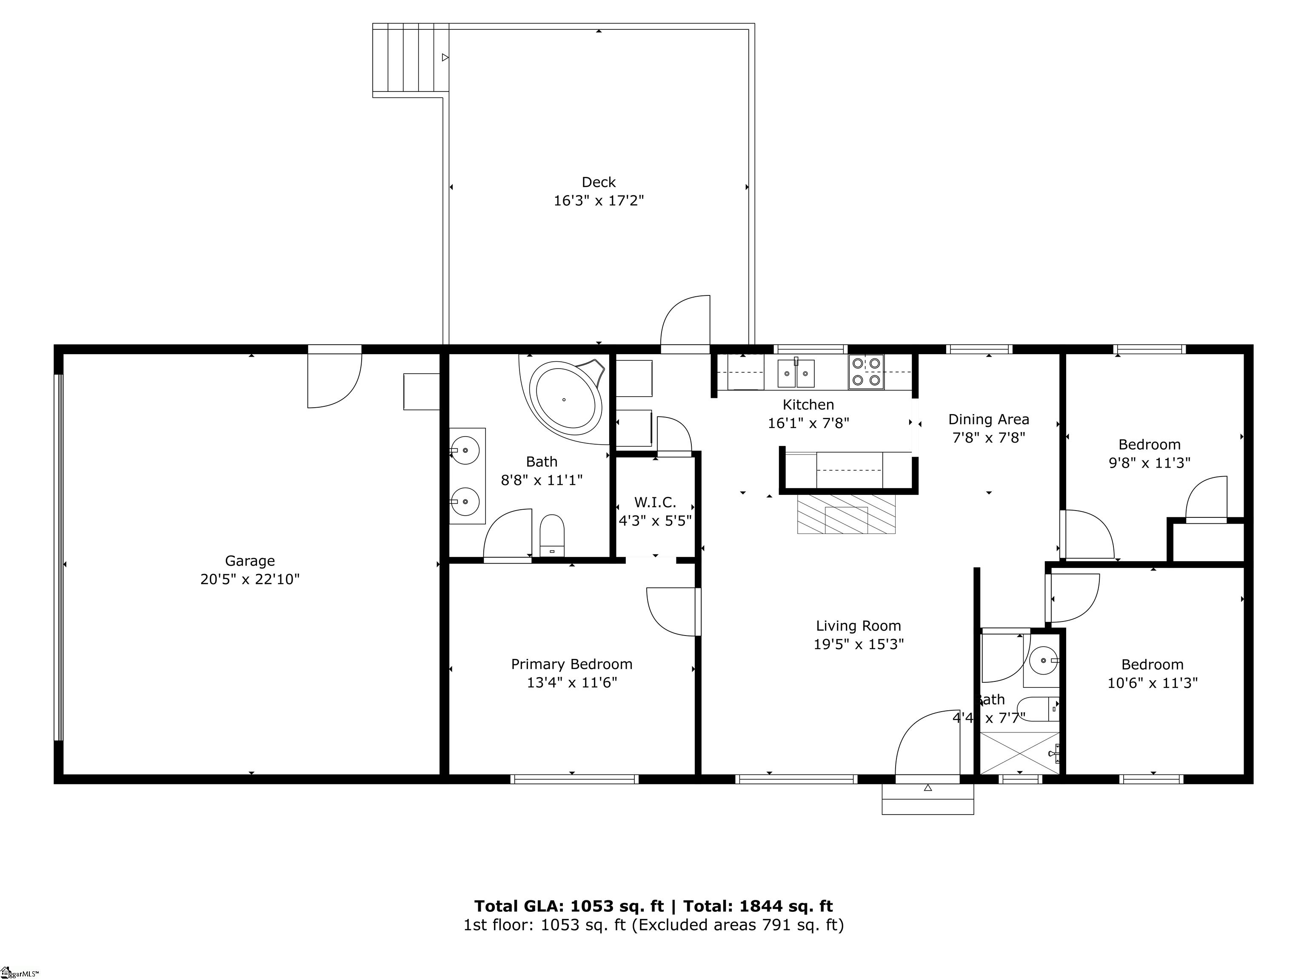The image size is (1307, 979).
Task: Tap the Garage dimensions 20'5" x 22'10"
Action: coord(250,579)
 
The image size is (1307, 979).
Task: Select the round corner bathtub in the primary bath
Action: coord(565,399)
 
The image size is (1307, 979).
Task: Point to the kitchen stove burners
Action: coord(866,372)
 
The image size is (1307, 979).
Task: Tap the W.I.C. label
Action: coord(655,502)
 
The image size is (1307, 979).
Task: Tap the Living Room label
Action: coord(858,626)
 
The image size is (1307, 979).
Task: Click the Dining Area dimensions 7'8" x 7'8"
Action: coord(988,437)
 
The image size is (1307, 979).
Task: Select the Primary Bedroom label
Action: coord(571,664)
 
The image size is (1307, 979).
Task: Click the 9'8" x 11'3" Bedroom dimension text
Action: coord(1149,463)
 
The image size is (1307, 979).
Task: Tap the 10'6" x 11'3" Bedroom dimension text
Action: coord(1152,683)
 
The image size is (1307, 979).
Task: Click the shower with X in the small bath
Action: coord(1019,753)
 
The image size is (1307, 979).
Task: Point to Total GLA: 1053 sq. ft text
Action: coord(569,906)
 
